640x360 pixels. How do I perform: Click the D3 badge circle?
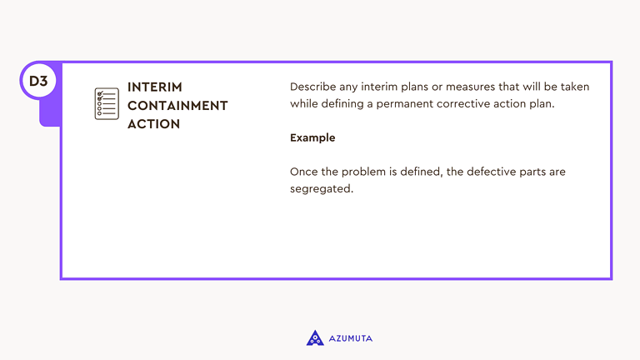[38, 82]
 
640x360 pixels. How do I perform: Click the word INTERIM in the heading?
[155, 87]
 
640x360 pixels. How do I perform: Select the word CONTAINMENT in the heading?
[177, 106]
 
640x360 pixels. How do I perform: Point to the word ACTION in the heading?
[153, 124]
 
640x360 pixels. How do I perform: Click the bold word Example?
[312, 137]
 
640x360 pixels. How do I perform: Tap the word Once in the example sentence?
[303, 172]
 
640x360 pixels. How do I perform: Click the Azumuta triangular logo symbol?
[315, 337]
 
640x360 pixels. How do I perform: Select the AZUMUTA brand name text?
[351, 338]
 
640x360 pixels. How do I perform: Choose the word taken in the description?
[574, 87]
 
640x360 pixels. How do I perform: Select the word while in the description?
[304, 104]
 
